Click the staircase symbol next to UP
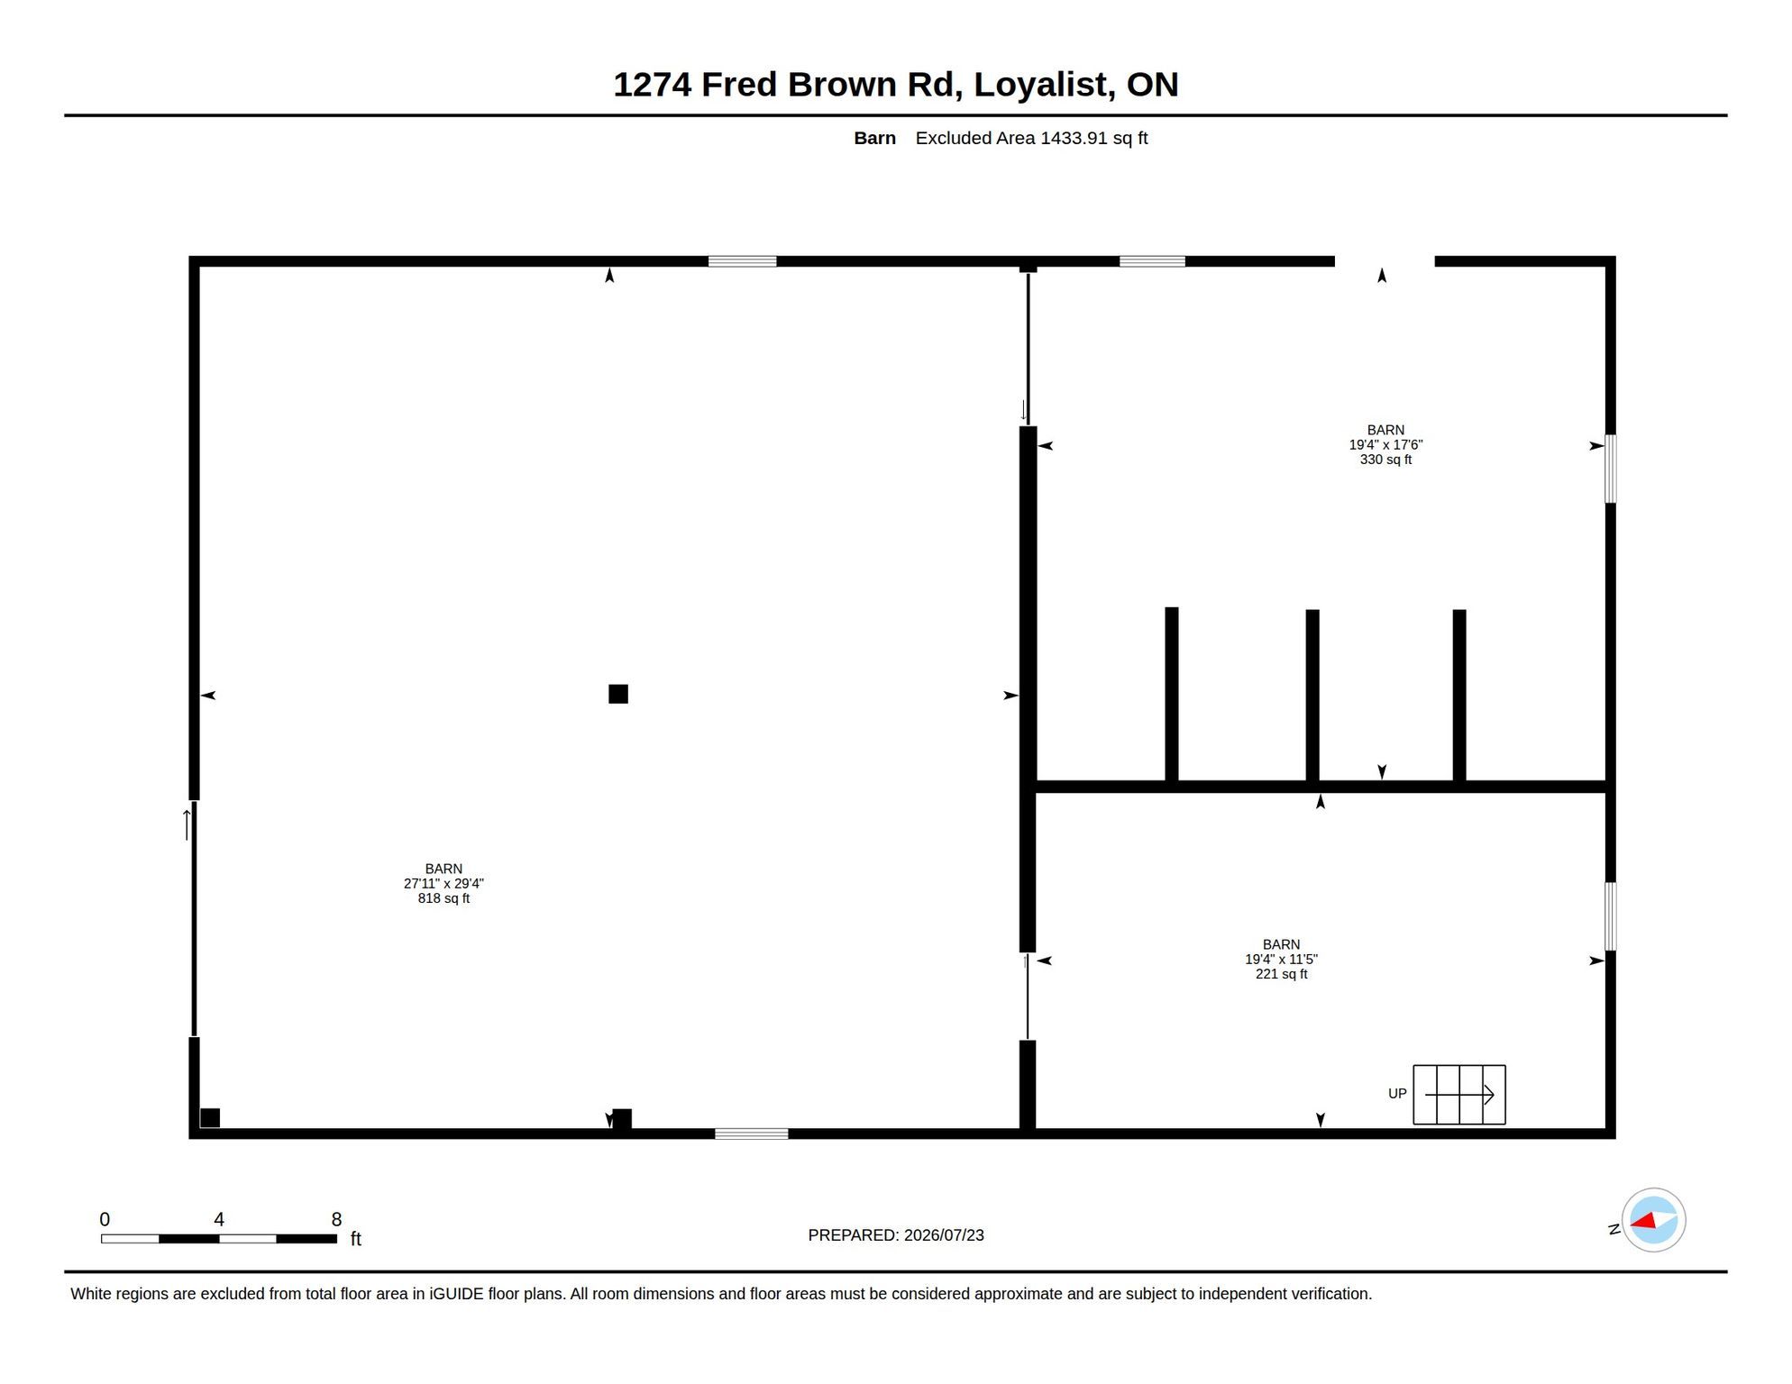[x=1458, y=1095]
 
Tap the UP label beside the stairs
[x=1397, y=1094]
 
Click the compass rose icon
[x=1653, y=1220]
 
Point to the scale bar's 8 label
[x=336, y=1219]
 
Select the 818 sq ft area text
[x=443, y=898]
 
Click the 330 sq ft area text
[x=1385, y=460]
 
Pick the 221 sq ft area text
[x=1281, y=974]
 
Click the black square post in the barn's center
[x=618, y=694]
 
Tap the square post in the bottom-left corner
[x=210, y=1118]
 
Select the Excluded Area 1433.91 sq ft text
[x=1031, y=138]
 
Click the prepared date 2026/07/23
[x=944, y=1235]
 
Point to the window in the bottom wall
[x=752, y=1134]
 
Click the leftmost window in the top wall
[x=742, y=261]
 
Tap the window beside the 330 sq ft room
[x=1611, y=469]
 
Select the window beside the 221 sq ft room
[x=1611, y=916]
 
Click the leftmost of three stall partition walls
[x=1172, y=695]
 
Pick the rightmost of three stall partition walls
[x=1459, y=696]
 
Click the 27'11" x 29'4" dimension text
[x=443, y=884]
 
